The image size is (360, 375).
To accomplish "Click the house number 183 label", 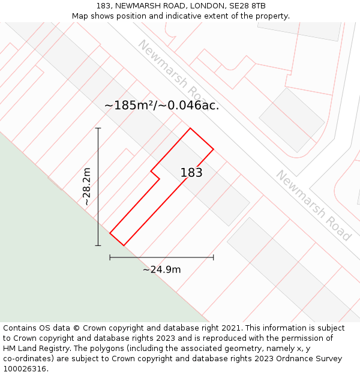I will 191,173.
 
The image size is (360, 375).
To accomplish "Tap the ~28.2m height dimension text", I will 86,187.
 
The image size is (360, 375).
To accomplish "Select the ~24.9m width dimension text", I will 161,269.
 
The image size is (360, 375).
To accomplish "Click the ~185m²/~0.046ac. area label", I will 161,105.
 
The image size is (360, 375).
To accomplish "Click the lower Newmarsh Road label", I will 313,205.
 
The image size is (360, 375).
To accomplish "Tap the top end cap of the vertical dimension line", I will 98,128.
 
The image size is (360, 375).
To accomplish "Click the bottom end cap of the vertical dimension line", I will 98,245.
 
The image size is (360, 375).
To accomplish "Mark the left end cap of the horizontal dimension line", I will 110,257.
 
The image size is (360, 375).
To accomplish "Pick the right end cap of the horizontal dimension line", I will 214,257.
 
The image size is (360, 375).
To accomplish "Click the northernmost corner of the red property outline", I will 190,128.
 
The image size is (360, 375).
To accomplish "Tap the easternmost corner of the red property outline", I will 214,149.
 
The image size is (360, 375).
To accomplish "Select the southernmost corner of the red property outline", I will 124,245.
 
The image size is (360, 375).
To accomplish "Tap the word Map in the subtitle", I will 80,16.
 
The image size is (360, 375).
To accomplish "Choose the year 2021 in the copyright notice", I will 229,328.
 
